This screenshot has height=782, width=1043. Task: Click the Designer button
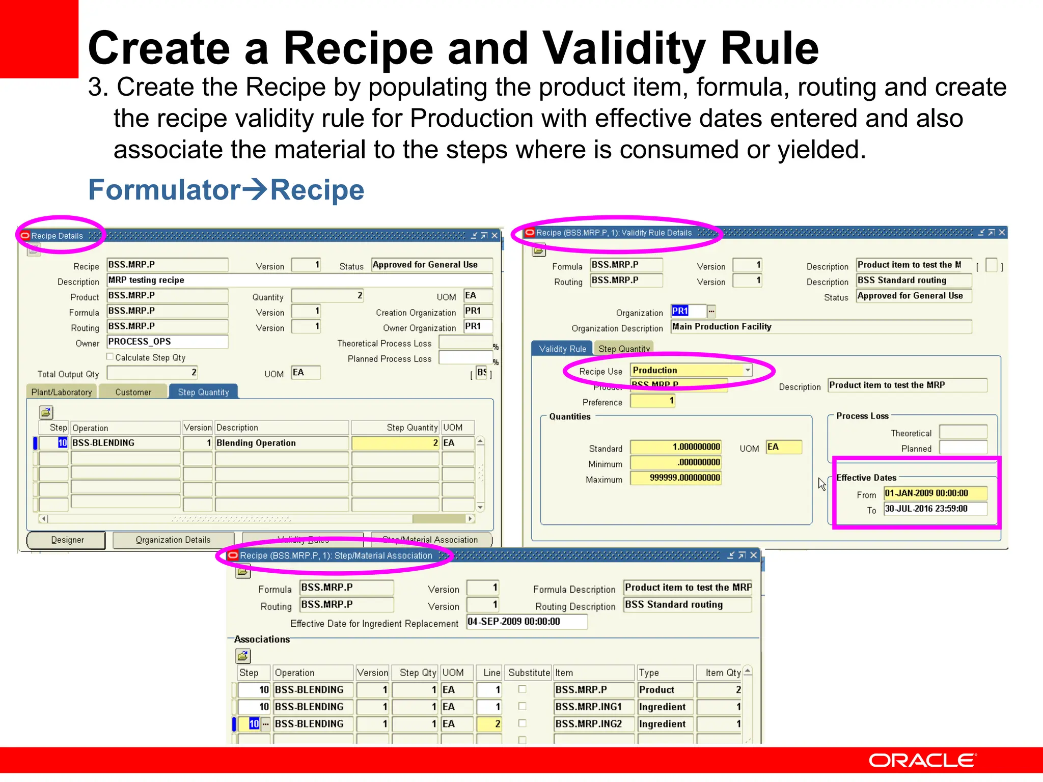tap(67, 540)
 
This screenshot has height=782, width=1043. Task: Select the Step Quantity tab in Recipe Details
tap(203, 392)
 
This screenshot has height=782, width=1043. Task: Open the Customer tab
tap(133, 392)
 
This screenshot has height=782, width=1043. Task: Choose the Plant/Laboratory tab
tap(62, 392)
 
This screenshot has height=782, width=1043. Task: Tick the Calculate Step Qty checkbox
tap(110, 357)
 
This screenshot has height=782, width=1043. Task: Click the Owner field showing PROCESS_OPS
tap(167, 342)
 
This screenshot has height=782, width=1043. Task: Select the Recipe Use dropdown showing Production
tap(691, 370)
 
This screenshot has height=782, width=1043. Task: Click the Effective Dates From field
tap(935, 493)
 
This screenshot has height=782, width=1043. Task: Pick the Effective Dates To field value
tap(935, 509)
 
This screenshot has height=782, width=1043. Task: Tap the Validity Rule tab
tap(562, 349)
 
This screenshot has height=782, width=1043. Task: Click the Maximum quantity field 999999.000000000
tap(676, 478)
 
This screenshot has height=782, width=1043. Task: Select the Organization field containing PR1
tap(688, 311)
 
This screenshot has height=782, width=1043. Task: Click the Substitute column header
tap(529, 673)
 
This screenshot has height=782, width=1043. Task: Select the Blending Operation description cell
tap(282, 443)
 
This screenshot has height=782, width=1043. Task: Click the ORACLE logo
tap(922, 761)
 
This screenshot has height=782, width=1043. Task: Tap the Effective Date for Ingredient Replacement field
tap(527, 622)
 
